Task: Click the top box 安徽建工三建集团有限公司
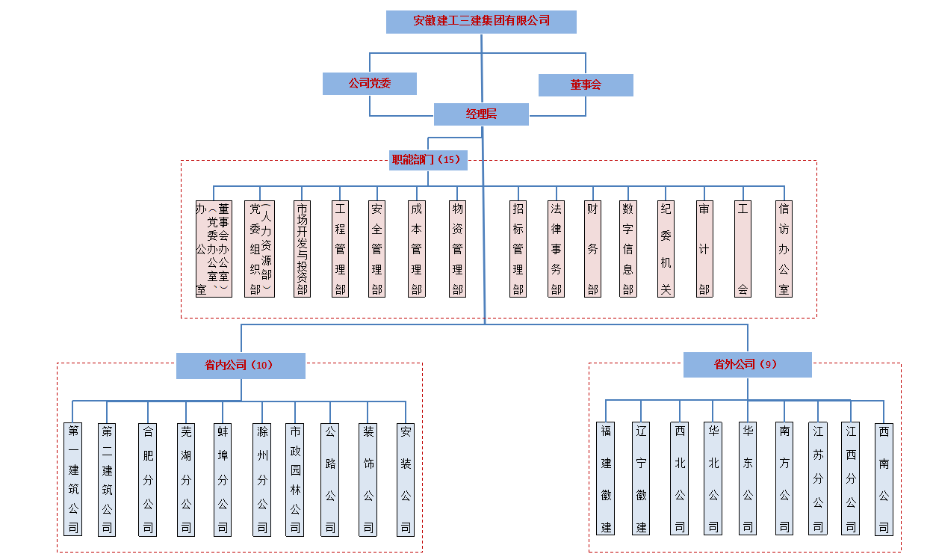coord(481,22)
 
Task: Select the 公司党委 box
coord(369,84)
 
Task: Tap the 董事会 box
coord(586,85)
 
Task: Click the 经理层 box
coord(481,114)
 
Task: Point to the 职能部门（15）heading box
coord(428,160)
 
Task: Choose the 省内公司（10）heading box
coord(241,366)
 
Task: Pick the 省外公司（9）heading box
coord(747,365)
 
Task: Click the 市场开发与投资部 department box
coord(302,249)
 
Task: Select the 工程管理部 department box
coord(341,249)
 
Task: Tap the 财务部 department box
coord(593,249)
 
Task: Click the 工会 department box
coord(743,249)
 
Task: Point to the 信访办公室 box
coord(784,249)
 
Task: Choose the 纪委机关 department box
coord(666,249)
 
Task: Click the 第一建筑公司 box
coord(73,479)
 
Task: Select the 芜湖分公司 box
coord(186,479)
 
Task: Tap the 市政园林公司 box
coord(295,479)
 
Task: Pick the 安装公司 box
coord(406,479)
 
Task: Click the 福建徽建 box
coord(606,479)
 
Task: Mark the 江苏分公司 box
coord(818,479)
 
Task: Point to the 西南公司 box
coord(884,479)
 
